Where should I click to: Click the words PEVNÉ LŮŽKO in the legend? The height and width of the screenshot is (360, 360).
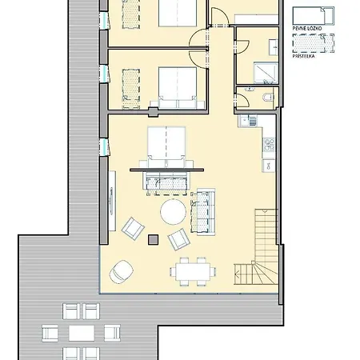(x=307, y=30)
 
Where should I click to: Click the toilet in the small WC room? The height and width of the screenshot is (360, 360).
(x=266, y=98)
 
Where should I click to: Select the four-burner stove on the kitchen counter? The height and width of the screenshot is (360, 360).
(x=269, y=145)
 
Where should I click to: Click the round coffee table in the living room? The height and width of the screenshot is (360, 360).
(x=173, y=213)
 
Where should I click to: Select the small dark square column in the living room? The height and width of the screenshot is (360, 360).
(x=153, y=237)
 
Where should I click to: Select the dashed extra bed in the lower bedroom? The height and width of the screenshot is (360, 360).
(x=130, y=86)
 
